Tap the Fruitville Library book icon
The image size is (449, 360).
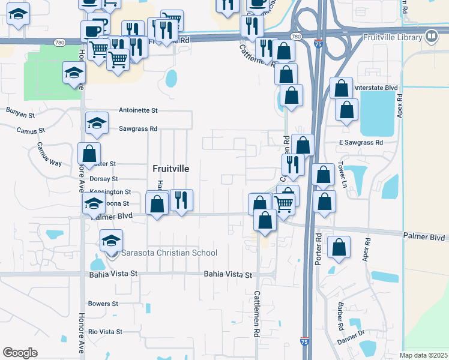pyautogui.click(x=431, y=37)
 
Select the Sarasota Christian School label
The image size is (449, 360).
pyautogui.click(x=169, y=253)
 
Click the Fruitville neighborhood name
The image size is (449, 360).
pyautogui.click(x=170, y=169)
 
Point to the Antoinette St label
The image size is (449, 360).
pyautogui.click(x=138, y=110)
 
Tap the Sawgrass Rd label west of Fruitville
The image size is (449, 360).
pyautogui.click(x=138, y=128)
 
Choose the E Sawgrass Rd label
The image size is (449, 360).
pyautogui.click(x=361, y=143)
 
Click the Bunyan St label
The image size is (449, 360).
pyautogui.click(x=21, y=111)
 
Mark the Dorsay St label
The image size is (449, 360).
pyautogui.click(x=103, y=179)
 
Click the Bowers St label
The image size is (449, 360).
pyautogui.click(x=103, y=304)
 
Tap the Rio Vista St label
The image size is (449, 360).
pyautogui.click(x=105, y=331)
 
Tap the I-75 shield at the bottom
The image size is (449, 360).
pyautogui.click(x=304, y=341)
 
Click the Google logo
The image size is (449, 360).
pyautogui.click(x=20, y=353)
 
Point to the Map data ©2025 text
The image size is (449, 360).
pyautogui.click(x=423, y=355)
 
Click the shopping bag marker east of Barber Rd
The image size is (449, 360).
pyautogui.click(x=339, y=248)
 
